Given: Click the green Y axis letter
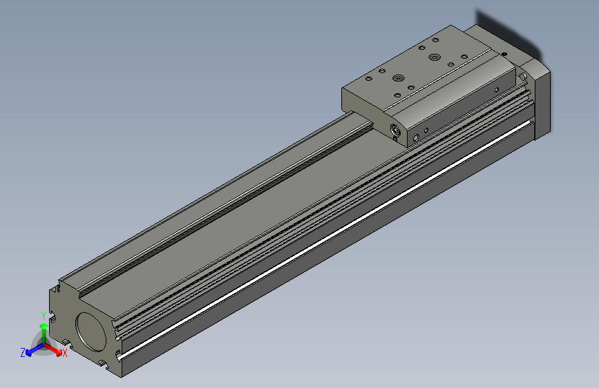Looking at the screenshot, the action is coord(44,316).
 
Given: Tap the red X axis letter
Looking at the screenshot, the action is coord(64,353).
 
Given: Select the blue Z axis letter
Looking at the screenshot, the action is coord(23,353).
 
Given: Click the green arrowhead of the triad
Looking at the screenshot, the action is coord(44,326).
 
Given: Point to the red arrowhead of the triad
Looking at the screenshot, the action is coord(59,353).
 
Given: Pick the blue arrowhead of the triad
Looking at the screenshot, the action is coord(29,353).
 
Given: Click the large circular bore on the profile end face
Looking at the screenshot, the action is coord(91,332).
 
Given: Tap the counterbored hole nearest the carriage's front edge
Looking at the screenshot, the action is coord(399,78).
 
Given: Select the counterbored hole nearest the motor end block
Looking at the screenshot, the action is coord(434,57).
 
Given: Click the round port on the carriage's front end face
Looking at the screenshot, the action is coord(396,130).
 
